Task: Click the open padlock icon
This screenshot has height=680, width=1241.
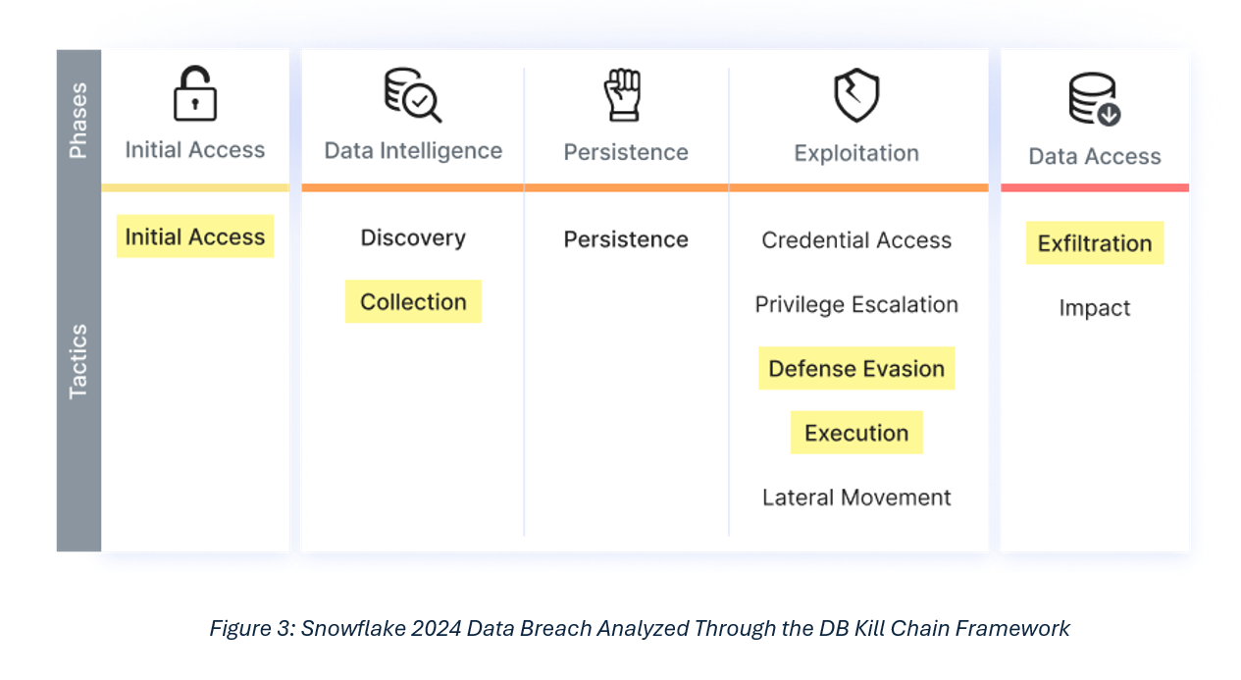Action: coord(195,93)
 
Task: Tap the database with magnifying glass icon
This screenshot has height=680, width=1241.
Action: coord(413,95)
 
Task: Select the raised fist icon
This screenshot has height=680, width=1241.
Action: coord(623,95)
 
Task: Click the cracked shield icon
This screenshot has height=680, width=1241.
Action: coord(856,95)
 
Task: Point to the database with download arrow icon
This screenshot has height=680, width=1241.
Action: coord(1095,99)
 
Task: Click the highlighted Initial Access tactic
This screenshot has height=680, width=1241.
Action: coord(195,236)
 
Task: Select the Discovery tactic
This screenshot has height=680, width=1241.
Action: coord(413,237)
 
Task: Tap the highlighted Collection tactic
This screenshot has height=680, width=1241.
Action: coord(413,301)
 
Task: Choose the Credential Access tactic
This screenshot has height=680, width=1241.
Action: coord(856,240)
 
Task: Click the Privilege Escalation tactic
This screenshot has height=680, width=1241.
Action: coord(856,304)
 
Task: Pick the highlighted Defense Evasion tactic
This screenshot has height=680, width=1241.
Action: coord(856,369)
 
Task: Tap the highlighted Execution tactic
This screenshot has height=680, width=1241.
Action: coord(856,433)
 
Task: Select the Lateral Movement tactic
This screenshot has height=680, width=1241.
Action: coord(856,497)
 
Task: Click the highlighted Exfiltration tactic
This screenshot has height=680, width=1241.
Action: coord(1095,243)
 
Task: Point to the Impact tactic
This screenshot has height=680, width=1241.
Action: coord(1095,307)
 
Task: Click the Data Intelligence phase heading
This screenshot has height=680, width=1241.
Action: coord(413,151)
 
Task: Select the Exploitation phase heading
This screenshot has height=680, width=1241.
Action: coord(856,153)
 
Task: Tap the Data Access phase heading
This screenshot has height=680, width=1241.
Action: coord(1095,156)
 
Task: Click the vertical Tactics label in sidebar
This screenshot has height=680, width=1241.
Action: coord(78,361)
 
